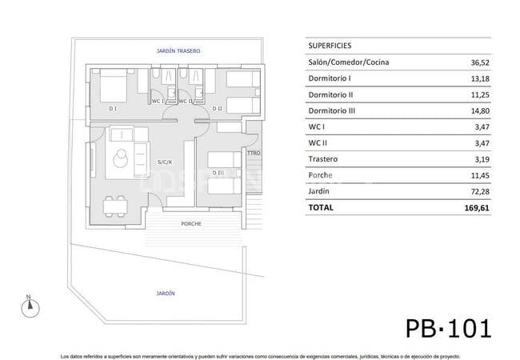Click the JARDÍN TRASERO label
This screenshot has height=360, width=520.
[x=178, y=50]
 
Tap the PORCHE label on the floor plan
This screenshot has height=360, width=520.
[x=191, y=224]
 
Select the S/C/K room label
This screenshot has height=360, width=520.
[x=165, y=162]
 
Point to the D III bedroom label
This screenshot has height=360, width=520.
[x=217, y=173]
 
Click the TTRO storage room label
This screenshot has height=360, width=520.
[x=254, y=153]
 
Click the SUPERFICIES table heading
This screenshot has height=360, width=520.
[x=329, y=46]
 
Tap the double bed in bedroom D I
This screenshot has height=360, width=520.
[x=114, y=85]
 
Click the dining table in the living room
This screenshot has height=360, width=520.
[x=116, y=206]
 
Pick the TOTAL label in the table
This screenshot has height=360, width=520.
[x=322, y=207]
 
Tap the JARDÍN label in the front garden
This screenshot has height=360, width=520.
[x=166, y=294]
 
